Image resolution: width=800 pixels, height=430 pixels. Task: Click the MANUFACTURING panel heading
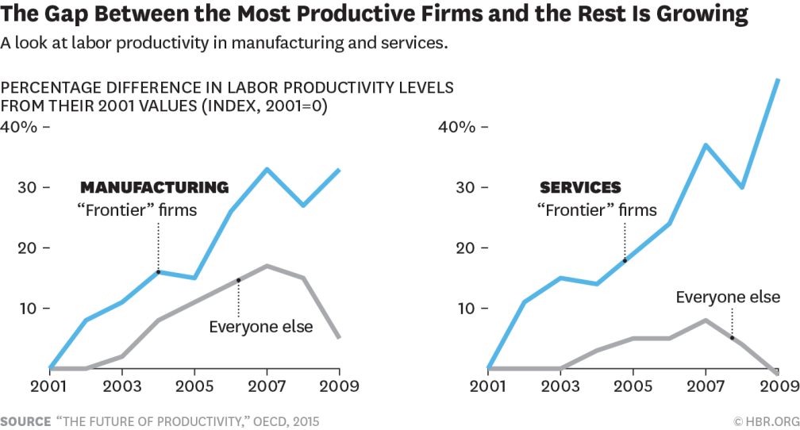(x=154, y=188)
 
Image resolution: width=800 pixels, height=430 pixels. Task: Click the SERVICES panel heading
(x=580, y=188)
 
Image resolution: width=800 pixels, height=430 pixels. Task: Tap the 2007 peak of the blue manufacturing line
(x=267, y=169)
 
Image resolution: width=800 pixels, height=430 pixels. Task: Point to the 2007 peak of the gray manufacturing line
(x=267, y=266)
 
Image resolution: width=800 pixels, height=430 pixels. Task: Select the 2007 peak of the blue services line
(x=705, y=144)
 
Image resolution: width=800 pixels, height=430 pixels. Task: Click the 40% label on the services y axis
(x=456, y=127)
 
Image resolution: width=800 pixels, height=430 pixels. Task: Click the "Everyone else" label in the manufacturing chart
(x=260, y=327)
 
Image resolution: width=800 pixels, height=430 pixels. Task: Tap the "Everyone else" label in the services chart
(x=728, y=298)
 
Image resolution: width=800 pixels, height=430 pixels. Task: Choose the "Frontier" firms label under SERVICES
(x=597, y=210)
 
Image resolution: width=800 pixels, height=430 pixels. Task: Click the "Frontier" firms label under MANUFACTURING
(x=137, y=210)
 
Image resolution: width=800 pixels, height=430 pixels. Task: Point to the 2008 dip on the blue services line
(x=741, y=187)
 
